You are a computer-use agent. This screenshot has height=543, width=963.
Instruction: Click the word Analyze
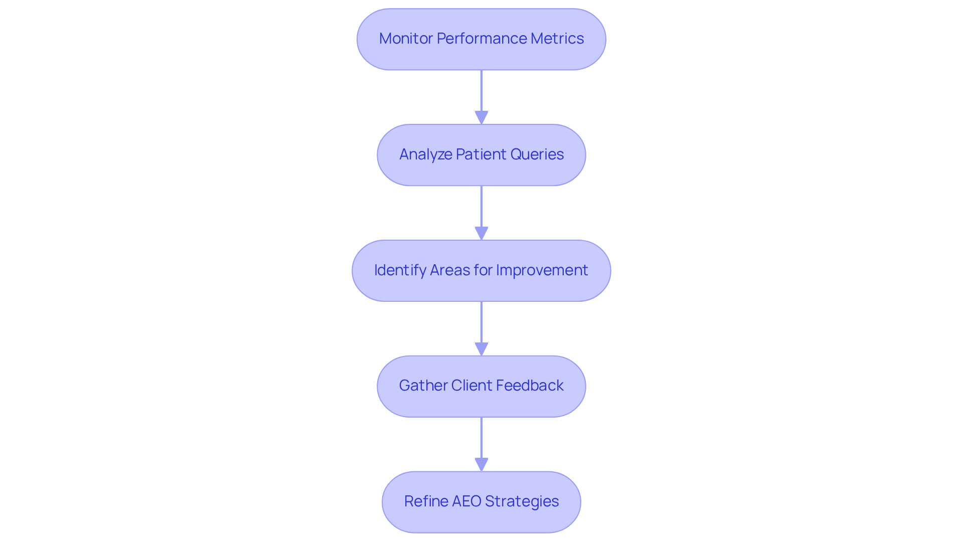pyautogui.click(x=425, y=154)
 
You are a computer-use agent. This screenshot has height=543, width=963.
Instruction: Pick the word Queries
pyautogui.click(x=537, y=154)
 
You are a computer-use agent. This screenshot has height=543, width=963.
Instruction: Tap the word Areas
pyautogui.click(x=449, y=270)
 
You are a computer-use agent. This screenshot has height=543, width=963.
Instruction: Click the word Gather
pyautogui.click(x=423, y=386)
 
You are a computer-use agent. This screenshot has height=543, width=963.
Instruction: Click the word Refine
pyautogui.click(x=426, y=501)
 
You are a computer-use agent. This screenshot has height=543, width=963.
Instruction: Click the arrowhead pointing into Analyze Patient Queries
pyautogui.click(x=481, y=117)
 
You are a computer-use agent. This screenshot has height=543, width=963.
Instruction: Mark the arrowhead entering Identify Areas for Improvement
pyautogui.click(x=481, y=233)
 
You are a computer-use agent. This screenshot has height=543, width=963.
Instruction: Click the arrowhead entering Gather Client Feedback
pyautogui.click(x=481, y=349)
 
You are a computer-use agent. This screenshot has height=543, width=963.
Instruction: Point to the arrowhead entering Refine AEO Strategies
pyautogui.click(x=481, y=464)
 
